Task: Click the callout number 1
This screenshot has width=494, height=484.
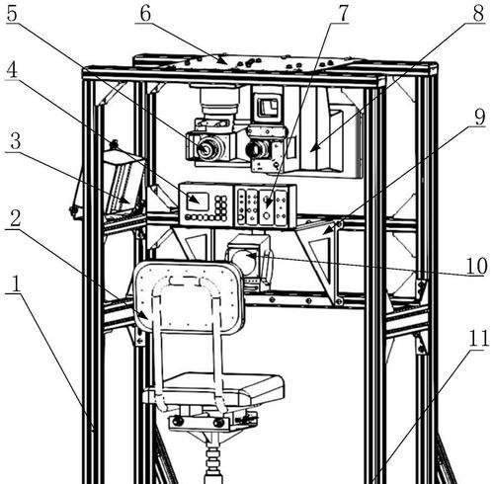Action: (x=14, y=283)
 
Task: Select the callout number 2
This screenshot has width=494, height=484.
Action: (x=16, y=218)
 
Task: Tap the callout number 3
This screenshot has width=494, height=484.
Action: (x=15, y=141)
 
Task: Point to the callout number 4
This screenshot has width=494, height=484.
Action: (x=12, y=70)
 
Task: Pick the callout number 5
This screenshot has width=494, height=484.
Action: (x=12, y=14)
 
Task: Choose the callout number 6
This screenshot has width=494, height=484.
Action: (x=145, y=13)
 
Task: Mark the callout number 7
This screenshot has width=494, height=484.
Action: (x=343, y=13)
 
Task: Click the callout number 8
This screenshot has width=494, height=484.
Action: (x=478, y=13)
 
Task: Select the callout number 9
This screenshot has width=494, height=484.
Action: (x=479, y=117)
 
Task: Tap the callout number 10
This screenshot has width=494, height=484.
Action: (x=476, y=266)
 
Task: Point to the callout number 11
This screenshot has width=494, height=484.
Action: (x=478, y=339)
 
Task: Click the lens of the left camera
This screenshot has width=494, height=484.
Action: (x=206, y=149)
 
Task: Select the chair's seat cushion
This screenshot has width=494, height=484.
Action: (x=223, y=388)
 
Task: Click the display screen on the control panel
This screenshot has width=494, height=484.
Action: (x=198, y=202)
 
